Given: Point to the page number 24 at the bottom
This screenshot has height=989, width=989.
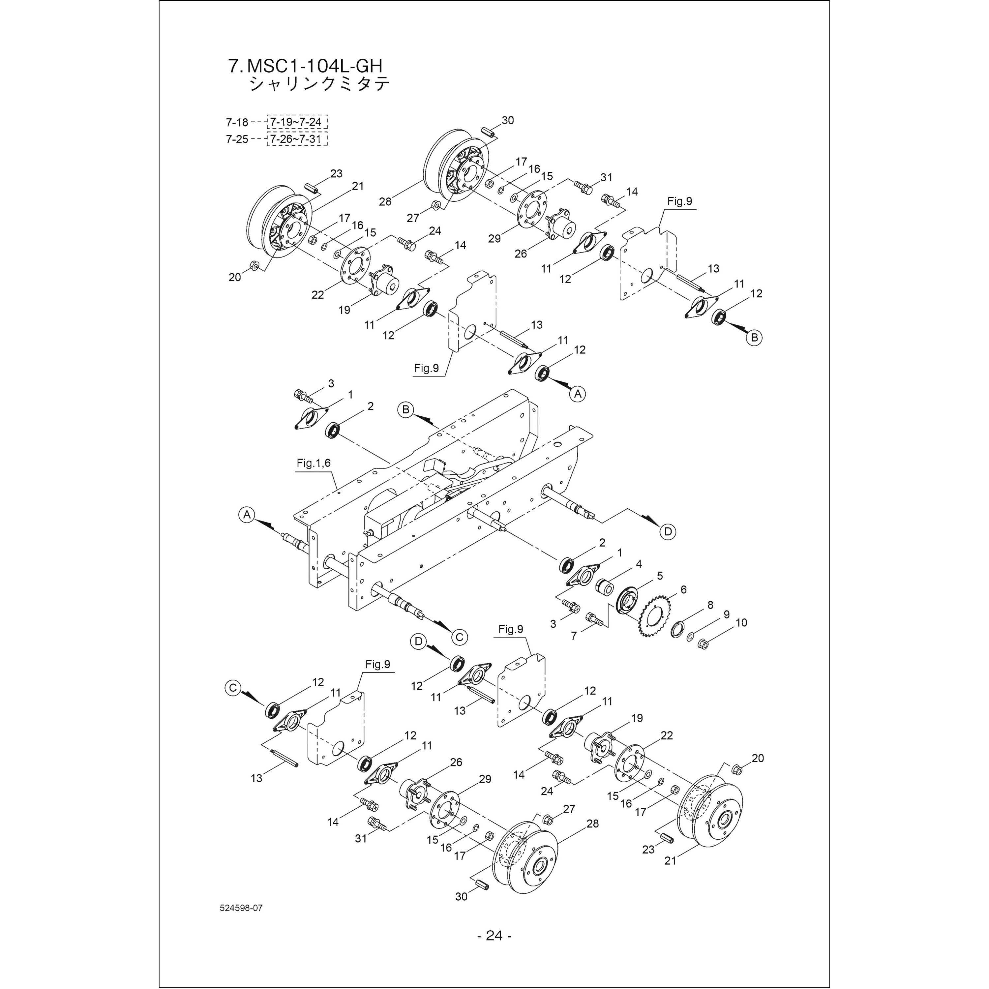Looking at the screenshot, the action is (x=494, y=936).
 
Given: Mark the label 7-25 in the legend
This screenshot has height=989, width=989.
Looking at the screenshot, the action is (x=237, y=139).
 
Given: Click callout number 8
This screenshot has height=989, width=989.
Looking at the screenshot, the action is (x=710, y=605).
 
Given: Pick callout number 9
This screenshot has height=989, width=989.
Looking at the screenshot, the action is (x=726, y=614).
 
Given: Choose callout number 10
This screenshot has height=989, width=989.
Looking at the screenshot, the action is (x=741, y=622).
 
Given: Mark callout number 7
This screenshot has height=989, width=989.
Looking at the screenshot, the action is (x=574, y=636).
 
